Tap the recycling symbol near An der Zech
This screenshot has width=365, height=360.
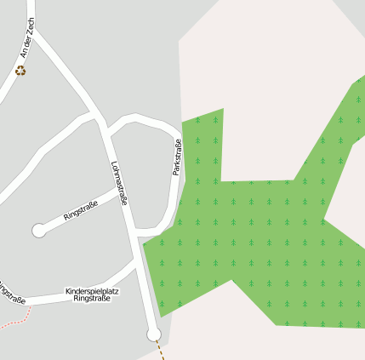(20, 71)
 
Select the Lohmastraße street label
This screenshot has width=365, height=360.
(119, 183)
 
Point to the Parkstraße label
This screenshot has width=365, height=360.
(176, 157)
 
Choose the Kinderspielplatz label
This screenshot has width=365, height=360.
(92, 291)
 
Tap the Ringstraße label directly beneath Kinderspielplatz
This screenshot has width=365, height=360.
(92, 300)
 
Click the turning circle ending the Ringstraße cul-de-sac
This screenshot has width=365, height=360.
(38, 230)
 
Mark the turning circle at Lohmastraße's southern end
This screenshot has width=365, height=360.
(153, 334)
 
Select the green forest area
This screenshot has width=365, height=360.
(255, 238)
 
